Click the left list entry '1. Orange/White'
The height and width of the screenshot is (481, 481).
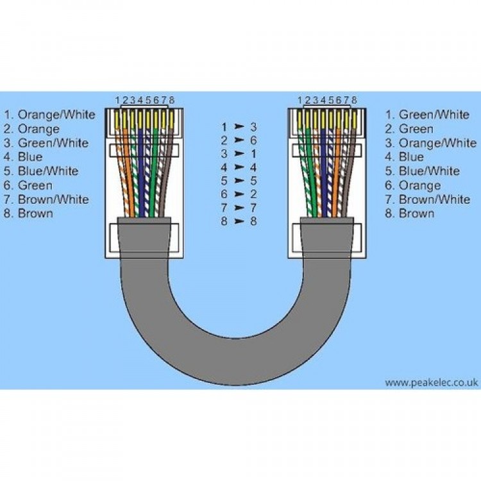pyautogui.click(x=49, y=115)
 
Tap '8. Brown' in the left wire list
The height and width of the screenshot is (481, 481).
pyautogui.click(x=30, y=213)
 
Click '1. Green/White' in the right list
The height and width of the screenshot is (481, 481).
pyautogui.click(x=427, y=115)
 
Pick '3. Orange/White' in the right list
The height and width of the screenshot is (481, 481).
pyautogui.click(x=430, y=143)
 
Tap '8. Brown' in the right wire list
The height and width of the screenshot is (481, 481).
pyautogui.click(x=410, y=213)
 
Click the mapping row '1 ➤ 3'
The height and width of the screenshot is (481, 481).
pyautogui.click(x=239, y=127)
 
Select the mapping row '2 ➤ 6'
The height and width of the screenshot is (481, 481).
pyautogui.click(x=239, y=140)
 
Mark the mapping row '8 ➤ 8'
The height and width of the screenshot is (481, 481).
pyautogui.click(x=239, y=221)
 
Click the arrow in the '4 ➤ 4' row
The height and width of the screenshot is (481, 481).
pyautogui.click(x=239, y=167)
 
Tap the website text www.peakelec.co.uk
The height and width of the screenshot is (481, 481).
pyautogui.click(x=431, y=382)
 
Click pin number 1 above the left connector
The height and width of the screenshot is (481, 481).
pyautogui.click(x=118, y=100)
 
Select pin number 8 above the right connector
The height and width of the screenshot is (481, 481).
pyautogui.click(x=355, y=100)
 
